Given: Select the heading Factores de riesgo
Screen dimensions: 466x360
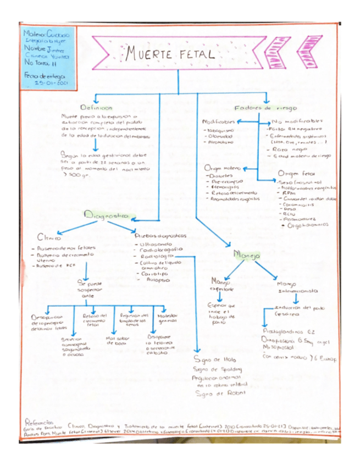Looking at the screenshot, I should (259, 108).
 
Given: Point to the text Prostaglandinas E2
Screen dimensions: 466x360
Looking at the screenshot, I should (287, 332).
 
